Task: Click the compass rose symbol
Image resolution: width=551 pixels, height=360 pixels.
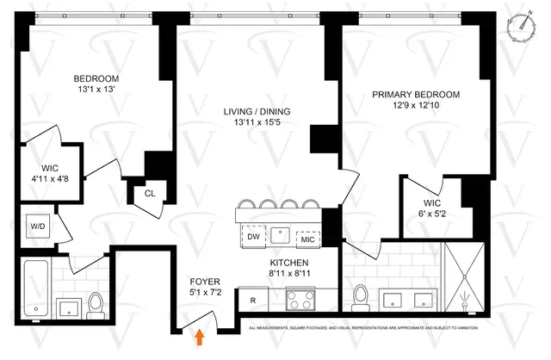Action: (x=522, y=27)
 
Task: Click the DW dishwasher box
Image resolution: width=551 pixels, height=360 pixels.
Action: (x=253, y=236)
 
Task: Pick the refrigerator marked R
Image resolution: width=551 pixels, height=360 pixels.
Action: (x=252, y=301)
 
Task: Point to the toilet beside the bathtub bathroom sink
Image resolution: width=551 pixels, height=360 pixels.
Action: (x=95, y=303)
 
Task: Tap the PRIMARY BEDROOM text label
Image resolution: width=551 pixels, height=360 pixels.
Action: (x=415, y=95)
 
